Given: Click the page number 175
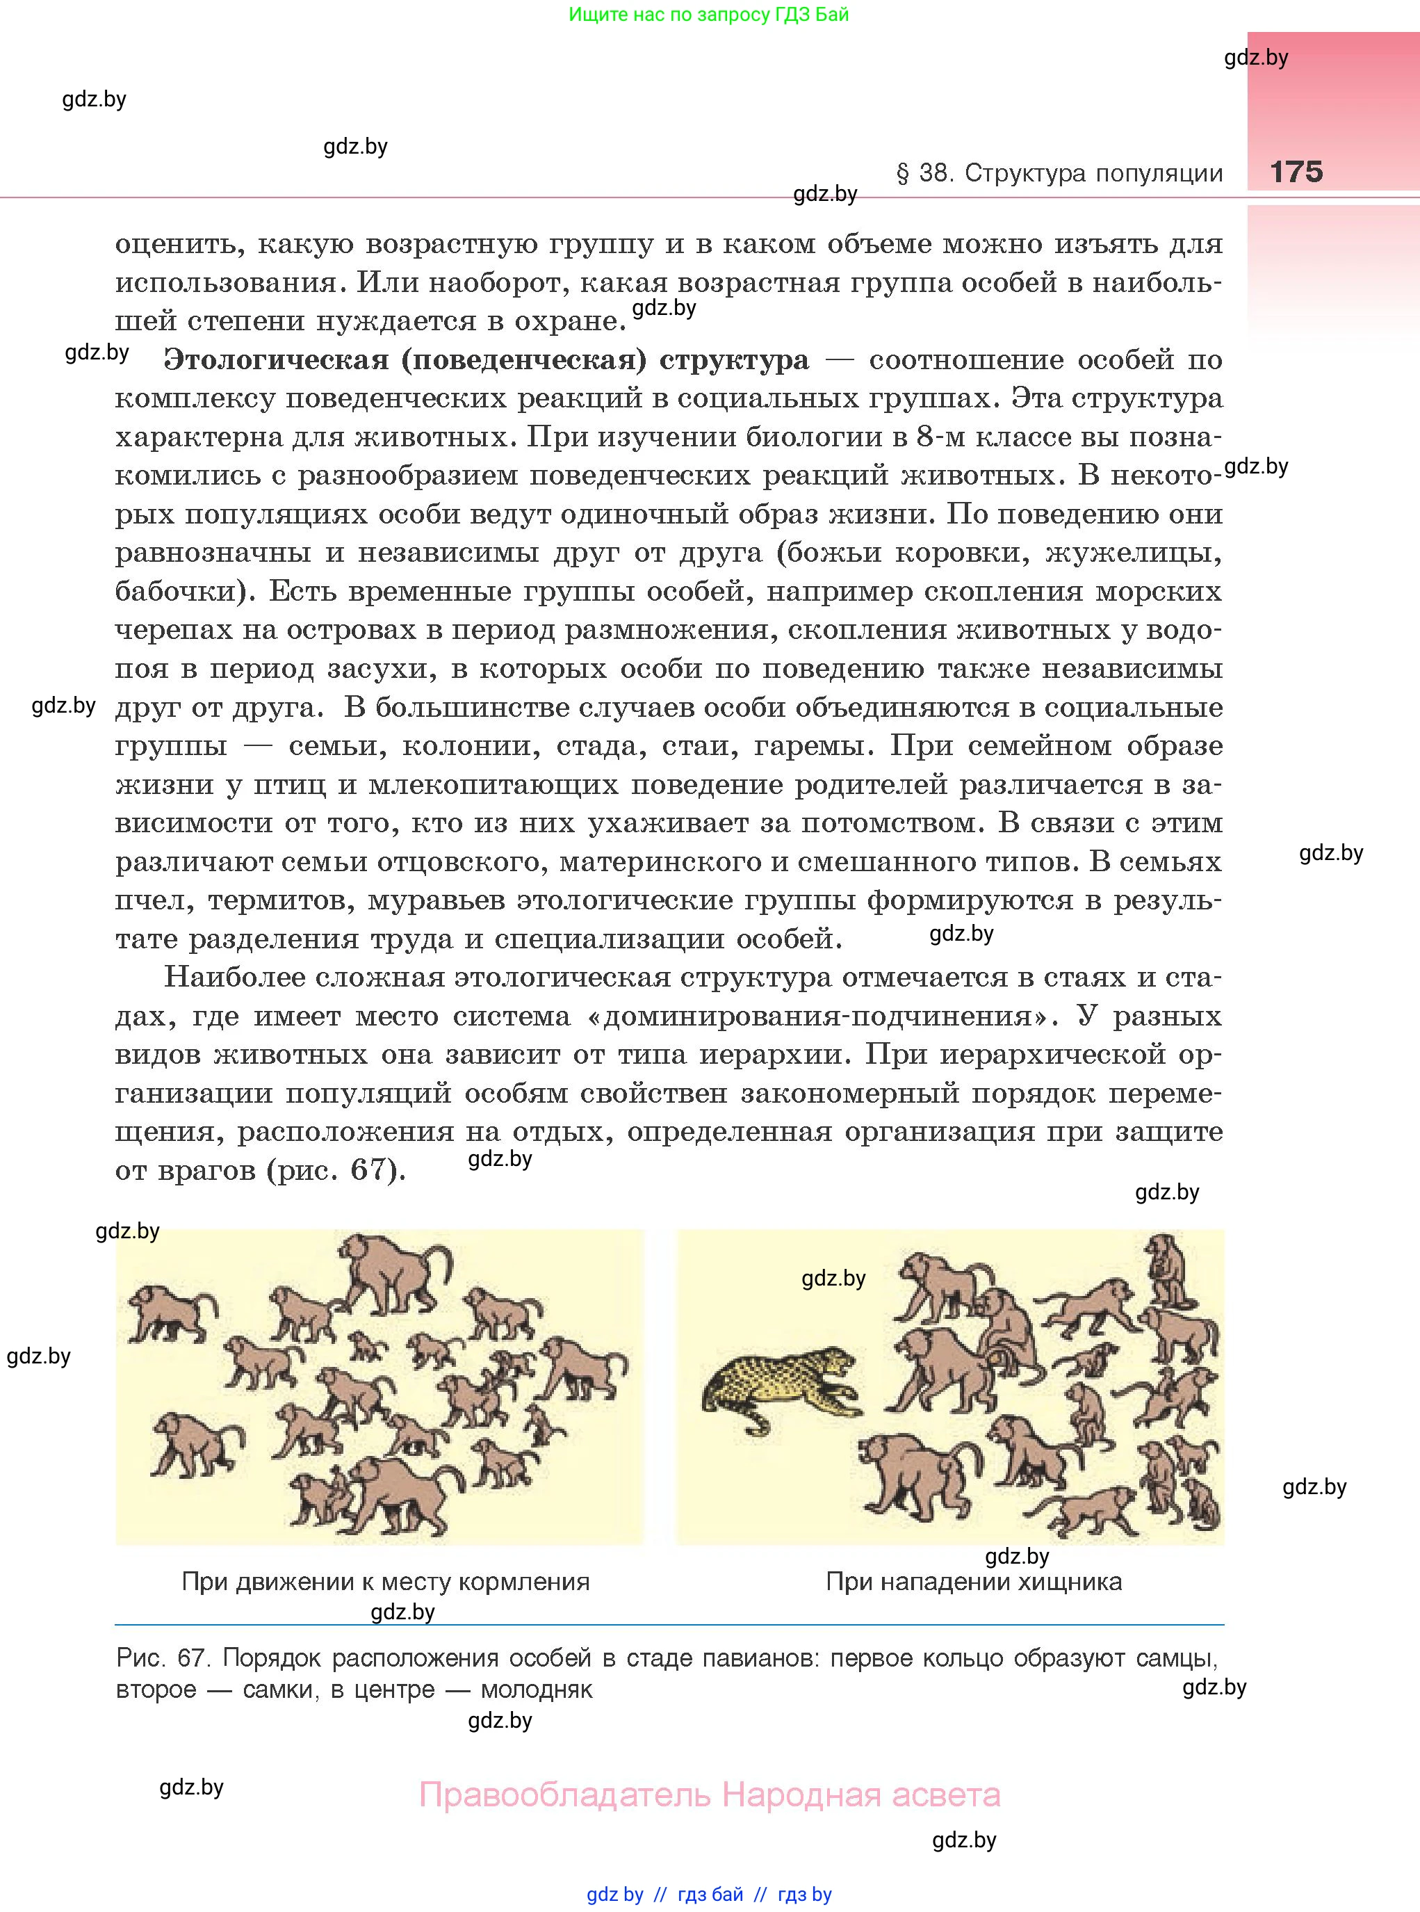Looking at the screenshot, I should click(1296, 171).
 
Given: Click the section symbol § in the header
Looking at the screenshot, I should click(903, 174).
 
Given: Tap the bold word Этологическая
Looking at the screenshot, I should click(276, 359).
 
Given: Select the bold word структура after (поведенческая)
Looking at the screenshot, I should click(734, 359).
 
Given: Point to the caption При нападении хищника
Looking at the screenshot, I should click(973, 1582).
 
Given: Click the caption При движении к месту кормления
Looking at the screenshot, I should click(385, 1582).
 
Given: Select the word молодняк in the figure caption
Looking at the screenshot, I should click(537, 1690).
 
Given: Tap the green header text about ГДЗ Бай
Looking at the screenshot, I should click(708, 15).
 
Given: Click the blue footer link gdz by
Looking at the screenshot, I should click(614, 1894).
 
